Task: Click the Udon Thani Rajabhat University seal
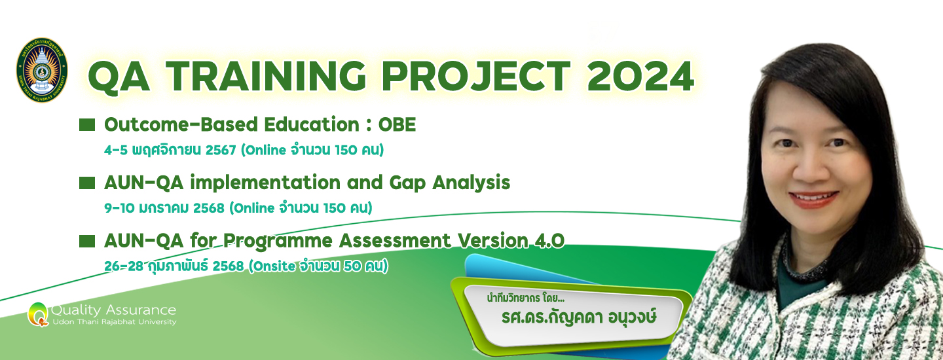point(42,70)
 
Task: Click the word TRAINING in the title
point(267,76)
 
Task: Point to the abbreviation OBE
point(397,124)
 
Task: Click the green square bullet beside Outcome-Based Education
point(87,125)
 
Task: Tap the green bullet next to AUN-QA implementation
point(87,183)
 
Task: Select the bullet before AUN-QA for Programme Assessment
point(87,241)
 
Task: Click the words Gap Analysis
point(450,183)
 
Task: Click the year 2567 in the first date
point(221,150)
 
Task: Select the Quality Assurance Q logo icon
point(38,314)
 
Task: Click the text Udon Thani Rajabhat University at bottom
point(114,322)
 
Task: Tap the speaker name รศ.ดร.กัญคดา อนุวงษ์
point(579,317)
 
